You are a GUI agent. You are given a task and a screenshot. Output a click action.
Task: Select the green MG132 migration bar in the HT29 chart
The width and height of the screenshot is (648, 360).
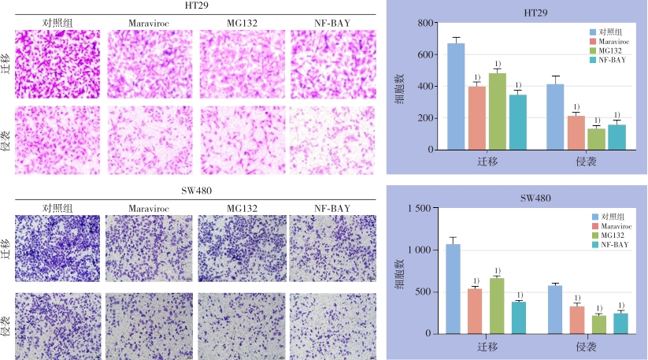497,111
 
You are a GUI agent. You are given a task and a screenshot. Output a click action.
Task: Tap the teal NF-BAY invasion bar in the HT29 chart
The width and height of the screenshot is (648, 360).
617,137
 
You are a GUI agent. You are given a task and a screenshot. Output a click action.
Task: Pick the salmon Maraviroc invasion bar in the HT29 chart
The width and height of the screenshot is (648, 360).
576,132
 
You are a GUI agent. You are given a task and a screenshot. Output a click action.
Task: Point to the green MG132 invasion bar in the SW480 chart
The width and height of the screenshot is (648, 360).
598,324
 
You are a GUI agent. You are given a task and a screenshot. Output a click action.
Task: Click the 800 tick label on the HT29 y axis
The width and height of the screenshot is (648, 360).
426,24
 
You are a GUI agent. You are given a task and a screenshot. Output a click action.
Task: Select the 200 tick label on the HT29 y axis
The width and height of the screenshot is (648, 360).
426,118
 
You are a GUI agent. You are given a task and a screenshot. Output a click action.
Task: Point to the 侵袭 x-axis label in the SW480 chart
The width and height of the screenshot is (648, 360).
586,347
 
